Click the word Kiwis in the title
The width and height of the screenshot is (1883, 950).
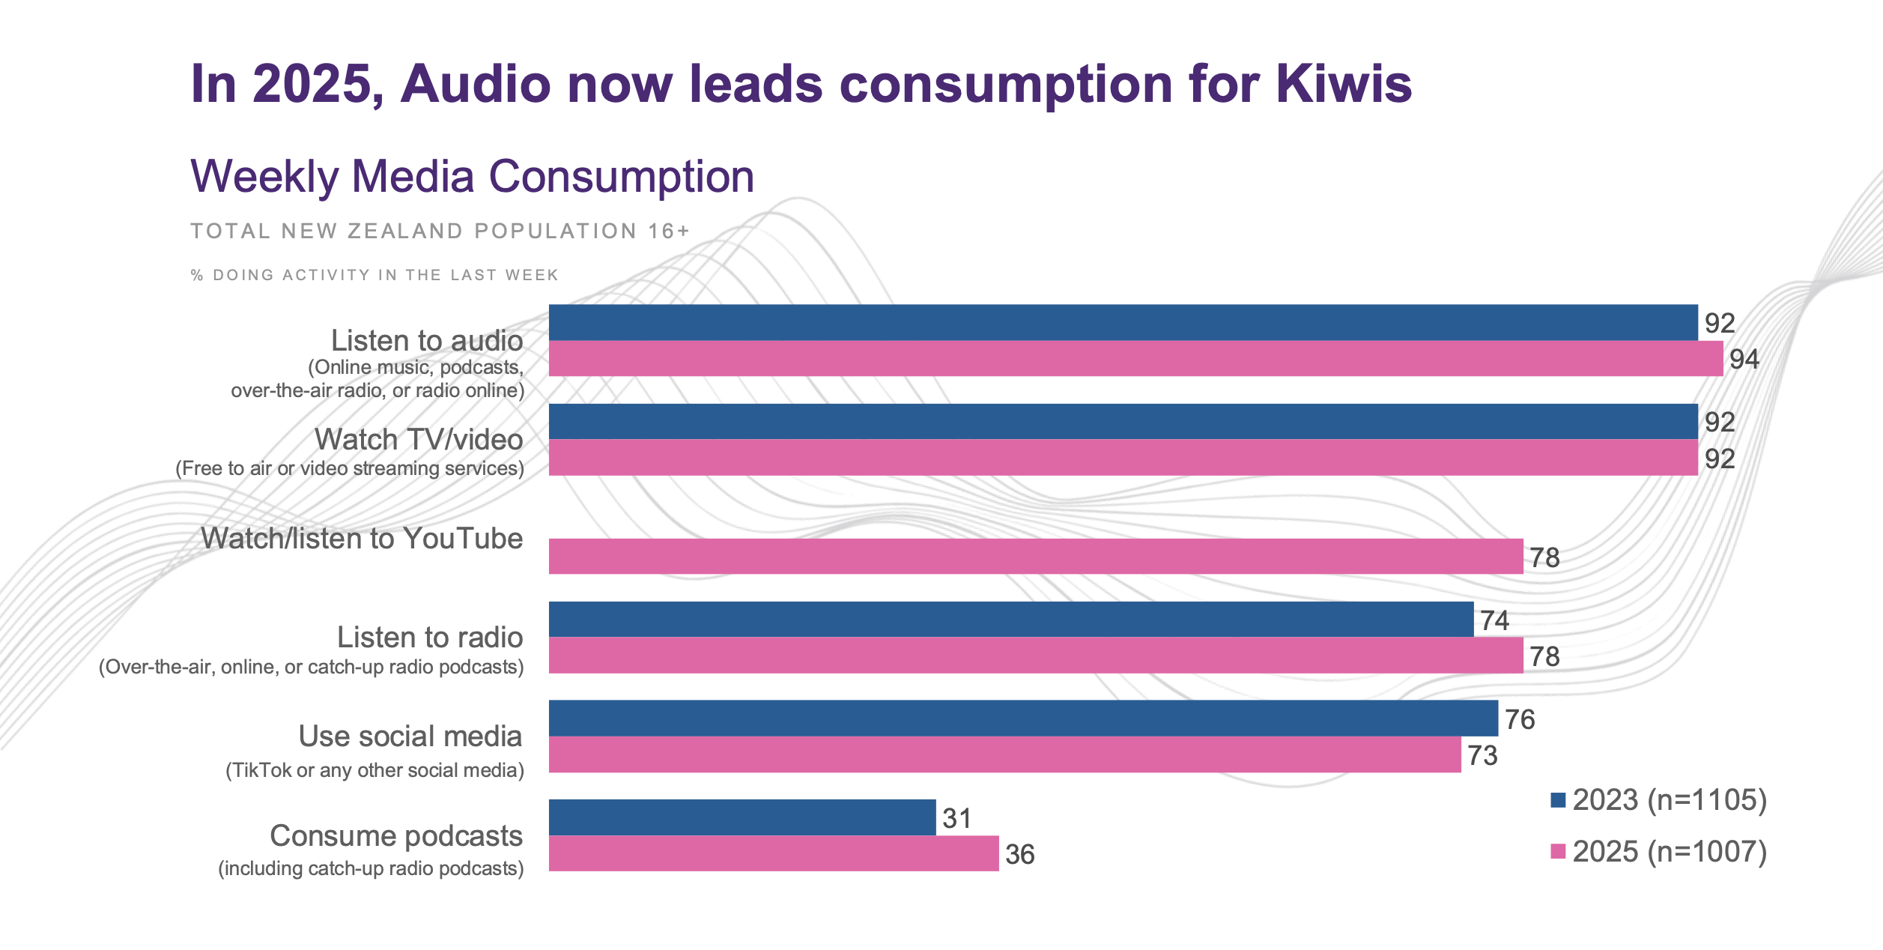pos(1344,83)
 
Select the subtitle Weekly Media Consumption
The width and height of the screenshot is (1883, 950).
pos(472,177)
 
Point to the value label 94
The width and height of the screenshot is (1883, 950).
pos(1744,360)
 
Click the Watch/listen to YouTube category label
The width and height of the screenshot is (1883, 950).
pos(362,539)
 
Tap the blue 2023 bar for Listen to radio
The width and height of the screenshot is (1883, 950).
pos(1010,620)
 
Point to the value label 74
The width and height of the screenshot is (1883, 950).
pos(1494,620)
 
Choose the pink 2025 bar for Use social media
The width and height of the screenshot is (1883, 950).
pos(1004,754)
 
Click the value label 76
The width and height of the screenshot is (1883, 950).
pos(1520,719)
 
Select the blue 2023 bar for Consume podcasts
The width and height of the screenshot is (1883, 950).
pos(742,817)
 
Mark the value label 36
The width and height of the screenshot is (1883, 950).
pos(1019,854)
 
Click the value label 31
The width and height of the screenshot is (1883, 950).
pos(956,818)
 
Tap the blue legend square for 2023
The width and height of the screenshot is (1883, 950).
pos(1558,800)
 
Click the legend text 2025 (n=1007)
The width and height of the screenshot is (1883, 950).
pos(1670,851)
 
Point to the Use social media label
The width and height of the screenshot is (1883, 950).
pos(410,736)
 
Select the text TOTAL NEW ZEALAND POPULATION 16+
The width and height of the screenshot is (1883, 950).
pos(440,231)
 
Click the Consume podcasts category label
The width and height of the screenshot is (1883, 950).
pos(395,835)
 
